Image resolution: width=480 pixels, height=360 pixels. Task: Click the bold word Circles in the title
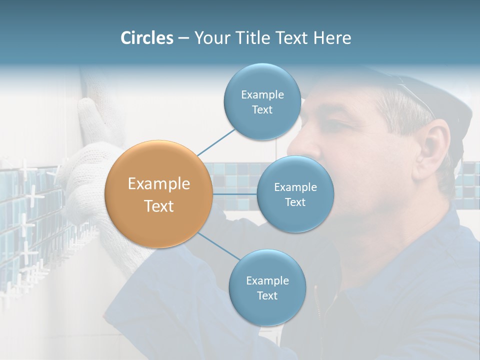pyautogui.click(x=146, y=38)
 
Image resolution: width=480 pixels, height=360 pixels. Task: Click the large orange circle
pyautogui.click(x=159, y=194)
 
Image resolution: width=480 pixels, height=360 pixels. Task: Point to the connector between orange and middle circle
pyautogui.click(x=235, y=194)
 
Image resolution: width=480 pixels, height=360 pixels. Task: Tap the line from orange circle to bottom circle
pyautogui.click(x=218, y=245)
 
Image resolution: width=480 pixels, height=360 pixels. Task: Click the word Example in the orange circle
pyautogui.click(x=159, y=184)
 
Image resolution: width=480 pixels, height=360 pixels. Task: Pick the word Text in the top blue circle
pyautogui.click(x=262, y=110)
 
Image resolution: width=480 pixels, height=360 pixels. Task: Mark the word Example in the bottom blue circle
pyautogui.click(x=267, y=280)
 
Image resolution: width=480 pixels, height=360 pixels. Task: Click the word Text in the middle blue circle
pyautogui.click(x=295, y=202)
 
